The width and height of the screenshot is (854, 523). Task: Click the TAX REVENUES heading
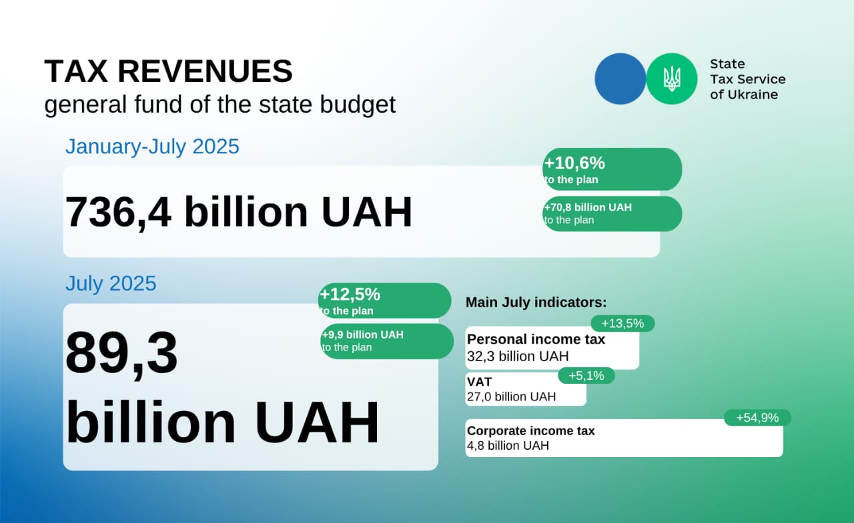click(x=169, y=71)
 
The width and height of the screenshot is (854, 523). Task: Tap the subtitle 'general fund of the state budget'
click(x=220, y=105)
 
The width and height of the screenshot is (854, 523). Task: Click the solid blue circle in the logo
click(x=620, y=79)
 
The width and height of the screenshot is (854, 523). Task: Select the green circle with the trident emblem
click(x=672, y=79)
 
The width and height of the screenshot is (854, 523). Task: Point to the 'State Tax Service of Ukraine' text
click(x=748, y=79)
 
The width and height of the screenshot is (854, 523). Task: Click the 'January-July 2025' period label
click(x=153, y=147)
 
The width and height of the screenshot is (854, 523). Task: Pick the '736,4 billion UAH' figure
click(x=239, y=212)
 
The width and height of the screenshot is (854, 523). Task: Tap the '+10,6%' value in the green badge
click(x=574, y=163)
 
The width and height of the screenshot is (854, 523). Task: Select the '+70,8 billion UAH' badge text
click(x=588, y=207)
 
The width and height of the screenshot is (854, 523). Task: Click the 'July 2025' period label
click(x=111, y=283)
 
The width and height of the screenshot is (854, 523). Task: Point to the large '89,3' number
click(x=121, y=353)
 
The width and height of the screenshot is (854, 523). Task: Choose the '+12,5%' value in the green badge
click(x=350, y=294)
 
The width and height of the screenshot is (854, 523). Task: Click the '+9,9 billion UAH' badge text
click(x=362, y=334)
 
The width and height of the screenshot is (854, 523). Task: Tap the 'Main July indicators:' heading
click(x=536, y=302)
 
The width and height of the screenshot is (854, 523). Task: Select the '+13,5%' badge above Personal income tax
click(x=623, y=324)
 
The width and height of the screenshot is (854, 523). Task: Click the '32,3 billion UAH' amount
click(x=518, y=356)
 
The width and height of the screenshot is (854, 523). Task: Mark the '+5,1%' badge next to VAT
click(x=586, y=376)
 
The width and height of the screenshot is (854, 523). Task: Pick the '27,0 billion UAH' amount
click(x=511, y=396)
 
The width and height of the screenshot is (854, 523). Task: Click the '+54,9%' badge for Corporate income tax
click(x=757, y=418)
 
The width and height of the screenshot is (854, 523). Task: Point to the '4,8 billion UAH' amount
click(x=508, y=445)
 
